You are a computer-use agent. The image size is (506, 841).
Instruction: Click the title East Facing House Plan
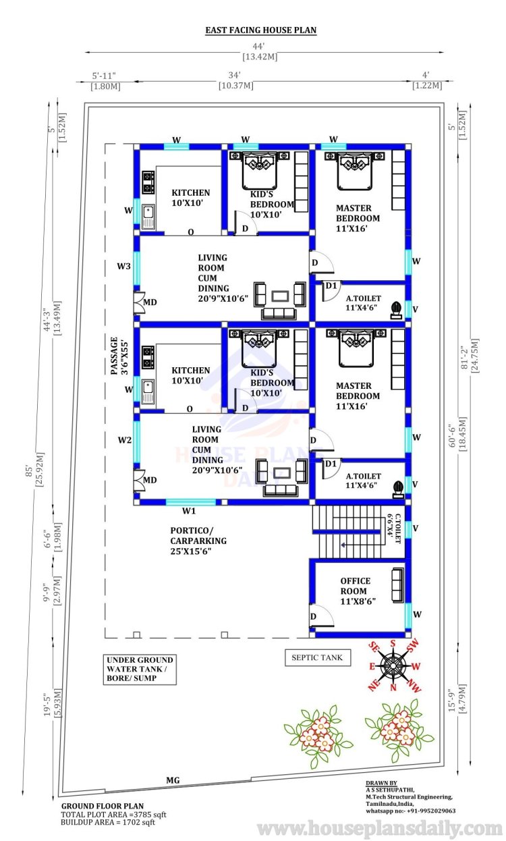(x=261, y=30)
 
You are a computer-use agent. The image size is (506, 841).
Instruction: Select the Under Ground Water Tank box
(x=140, y=669)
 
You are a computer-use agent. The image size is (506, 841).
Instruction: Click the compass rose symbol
(x=393, y=666)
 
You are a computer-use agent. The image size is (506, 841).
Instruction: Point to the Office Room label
(x=358, y=591)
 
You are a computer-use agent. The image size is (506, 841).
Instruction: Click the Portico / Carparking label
(x=198, y=541)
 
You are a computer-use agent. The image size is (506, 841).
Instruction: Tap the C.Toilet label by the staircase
(x=394, y=528)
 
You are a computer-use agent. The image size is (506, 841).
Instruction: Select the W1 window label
(x=189, y=510)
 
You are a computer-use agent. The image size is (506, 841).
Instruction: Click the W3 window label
(x=123, y=266)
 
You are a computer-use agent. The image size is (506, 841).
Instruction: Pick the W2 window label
(x=125, y=439)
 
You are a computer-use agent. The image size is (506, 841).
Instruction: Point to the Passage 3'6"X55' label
(x=119, y=356)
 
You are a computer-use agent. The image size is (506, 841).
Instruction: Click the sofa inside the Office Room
(x=397, y=585)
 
